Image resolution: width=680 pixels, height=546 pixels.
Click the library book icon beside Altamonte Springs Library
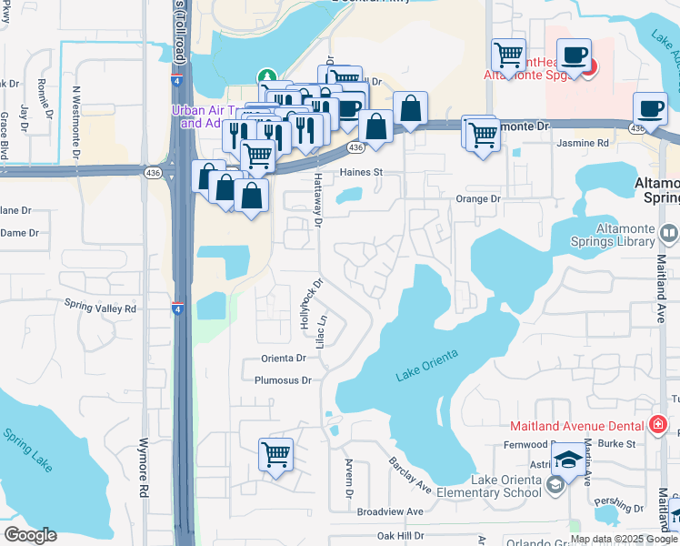pos(669,235)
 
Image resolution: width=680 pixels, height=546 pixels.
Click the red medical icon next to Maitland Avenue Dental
pos(658,425)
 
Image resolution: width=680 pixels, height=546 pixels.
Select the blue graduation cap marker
pos(568,460)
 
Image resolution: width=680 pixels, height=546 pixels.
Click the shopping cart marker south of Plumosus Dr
pos(275,452)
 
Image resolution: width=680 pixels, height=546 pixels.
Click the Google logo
pos(30,535)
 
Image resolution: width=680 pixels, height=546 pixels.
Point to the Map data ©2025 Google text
pos(625,539)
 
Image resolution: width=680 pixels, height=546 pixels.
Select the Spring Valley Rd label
pos(100,308)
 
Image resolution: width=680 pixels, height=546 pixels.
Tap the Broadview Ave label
pos(391,512)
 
